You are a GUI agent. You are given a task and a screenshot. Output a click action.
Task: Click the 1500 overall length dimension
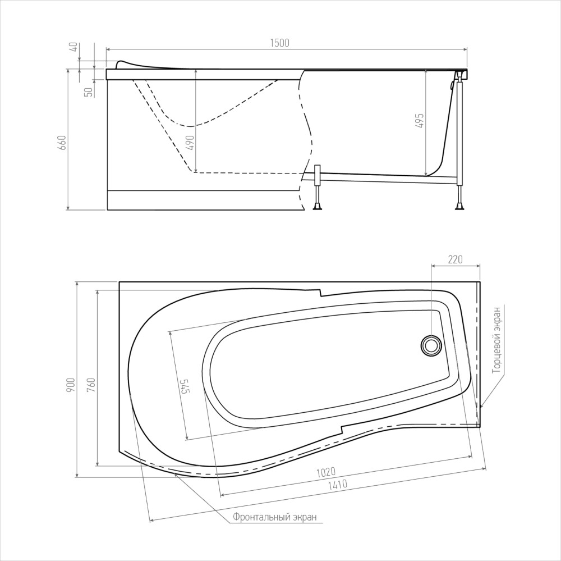click(x=279, y=43)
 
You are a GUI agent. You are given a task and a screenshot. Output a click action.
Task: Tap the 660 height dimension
click(x=62, y=143)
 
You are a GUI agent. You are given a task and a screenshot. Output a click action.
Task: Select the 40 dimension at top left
click(x=73, y=48)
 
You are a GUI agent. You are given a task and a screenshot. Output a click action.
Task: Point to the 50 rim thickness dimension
click(x=89, y=92)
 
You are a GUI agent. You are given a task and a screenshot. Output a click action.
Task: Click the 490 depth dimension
click(x=190, y=143)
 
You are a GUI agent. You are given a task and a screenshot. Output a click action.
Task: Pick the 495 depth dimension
click(x=420, y=121)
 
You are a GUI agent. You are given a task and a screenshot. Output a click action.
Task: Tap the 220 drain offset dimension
click(x=455, y=259)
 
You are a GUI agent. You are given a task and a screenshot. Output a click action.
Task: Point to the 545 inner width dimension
click(x=183, y=386)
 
